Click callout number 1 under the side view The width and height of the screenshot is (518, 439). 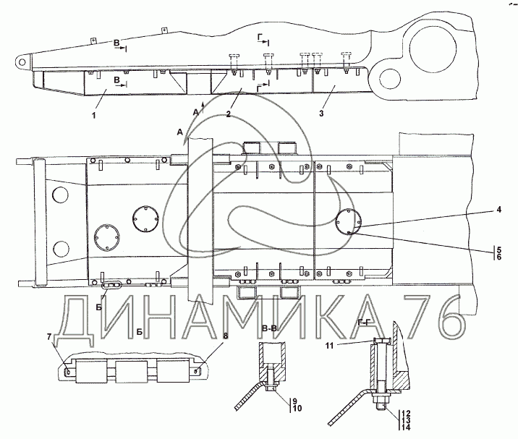pos(94,116)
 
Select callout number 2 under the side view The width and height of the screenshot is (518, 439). pos(229,114)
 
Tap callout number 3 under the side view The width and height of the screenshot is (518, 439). pos(321,114)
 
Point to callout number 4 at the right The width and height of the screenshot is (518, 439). pos(498,210)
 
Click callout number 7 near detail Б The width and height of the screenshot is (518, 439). pos(49,337)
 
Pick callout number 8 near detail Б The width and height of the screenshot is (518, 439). pos(226,336)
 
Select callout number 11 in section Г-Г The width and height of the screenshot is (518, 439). pos(330,346)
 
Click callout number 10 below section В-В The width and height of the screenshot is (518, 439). pos(297,409)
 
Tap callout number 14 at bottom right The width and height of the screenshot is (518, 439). pos(406,427)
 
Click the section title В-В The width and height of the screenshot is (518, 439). pos(269,328)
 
